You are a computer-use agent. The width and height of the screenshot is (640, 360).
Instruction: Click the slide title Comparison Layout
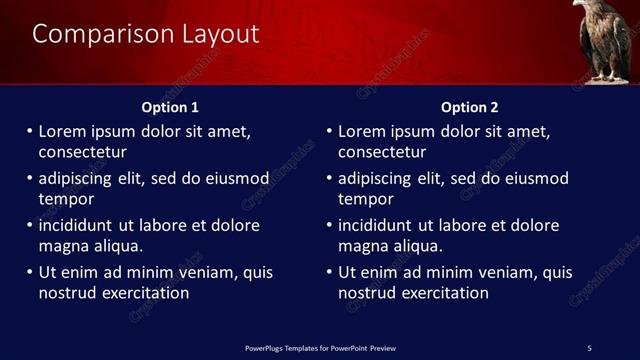pos(146,34)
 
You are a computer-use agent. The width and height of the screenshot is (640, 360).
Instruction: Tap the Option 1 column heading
pos(170,107)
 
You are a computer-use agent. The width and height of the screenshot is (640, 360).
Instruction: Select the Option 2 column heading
pos(469,107)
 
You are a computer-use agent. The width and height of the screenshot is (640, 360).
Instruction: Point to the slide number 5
pos(589,348)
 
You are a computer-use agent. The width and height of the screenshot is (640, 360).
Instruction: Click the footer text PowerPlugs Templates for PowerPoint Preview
pos(320,348)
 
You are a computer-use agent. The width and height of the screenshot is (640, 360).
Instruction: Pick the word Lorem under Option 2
pos(362,131)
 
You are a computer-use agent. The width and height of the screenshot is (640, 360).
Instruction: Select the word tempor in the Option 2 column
pos(365,200)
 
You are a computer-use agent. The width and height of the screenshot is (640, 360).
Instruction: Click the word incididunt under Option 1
pos(78,225)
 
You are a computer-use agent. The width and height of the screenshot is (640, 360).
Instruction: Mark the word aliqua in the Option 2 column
pos(417,246)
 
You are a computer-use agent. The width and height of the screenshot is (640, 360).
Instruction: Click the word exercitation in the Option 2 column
pos(443,294)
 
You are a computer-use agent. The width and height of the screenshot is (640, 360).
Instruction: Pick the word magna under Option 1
pos(63,246)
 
